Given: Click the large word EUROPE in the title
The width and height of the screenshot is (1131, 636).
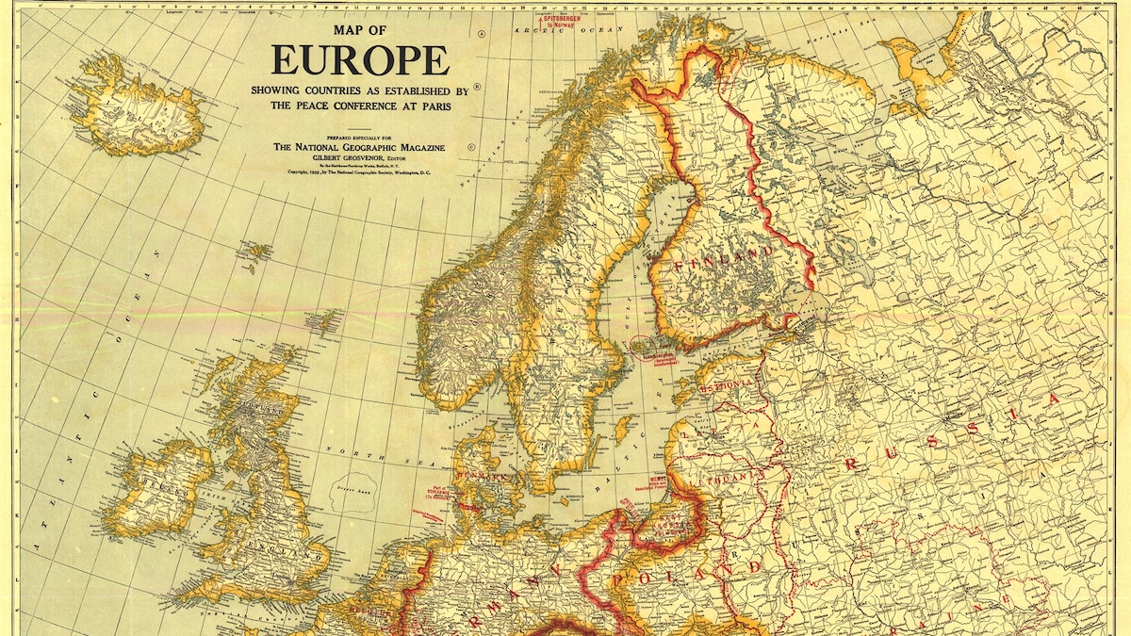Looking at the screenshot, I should coord(360,59).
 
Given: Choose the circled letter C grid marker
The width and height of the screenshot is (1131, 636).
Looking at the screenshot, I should coord(470,147).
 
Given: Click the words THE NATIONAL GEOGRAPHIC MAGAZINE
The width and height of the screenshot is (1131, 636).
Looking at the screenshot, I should coord(359,147).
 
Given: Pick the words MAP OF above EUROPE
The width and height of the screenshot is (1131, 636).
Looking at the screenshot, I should coord(360,30).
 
